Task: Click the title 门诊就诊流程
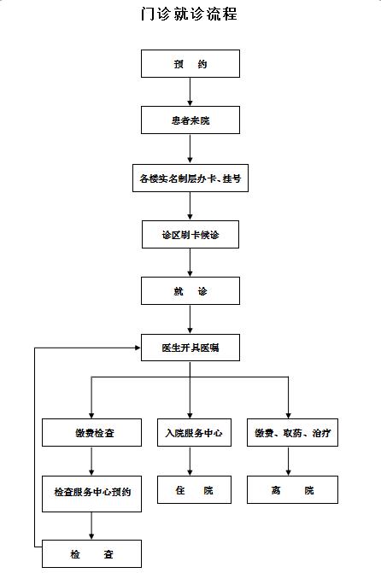[189, 14]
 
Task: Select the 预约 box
[190, 63]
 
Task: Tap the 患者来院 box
[190, 120]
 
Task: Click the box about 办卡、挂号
[190, 178]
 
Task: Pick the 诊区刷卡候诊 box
[190, 235]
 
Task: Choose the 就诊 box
[190, 291]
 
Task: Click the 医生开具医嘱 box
[190, 348]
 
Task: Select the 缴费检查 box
[91, 433]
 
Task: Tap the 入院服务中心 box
[194, 433]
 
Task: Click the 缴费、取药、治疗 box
[292, 433]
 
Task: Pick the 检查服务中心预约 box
[91, 494]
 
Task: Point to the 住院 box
[194, 489]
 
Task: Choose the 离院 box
[292, 489]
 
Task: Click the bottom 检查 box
[91, 553]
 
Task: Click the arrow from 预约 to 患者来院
[190, 91]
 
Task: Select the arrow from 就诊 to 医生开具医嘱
[190, 319]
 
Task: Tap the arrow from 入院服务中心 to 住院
[190, 461]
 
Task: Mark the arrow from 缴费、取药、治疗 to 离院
[288, 461]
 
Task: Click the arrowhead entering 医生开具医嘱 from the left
[138, 348]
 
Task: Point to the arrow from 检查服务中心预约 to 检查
[91, 526]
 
